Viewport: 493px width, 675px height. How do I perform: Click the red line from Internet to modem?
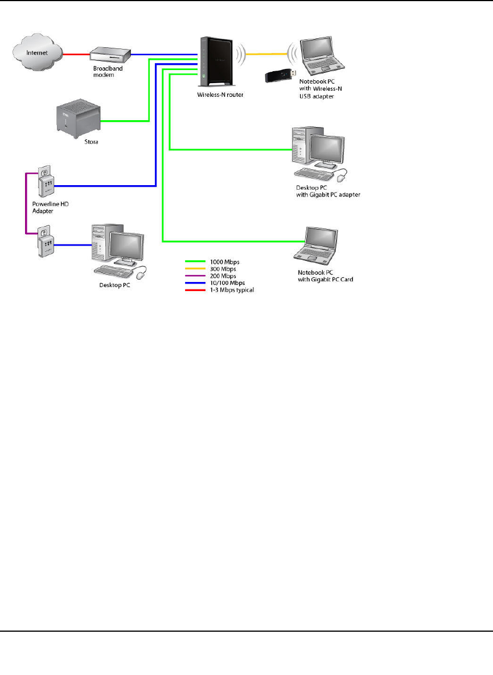point(76,55)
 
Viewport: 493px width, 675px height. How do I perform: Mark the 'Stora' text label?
point(83,141)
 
